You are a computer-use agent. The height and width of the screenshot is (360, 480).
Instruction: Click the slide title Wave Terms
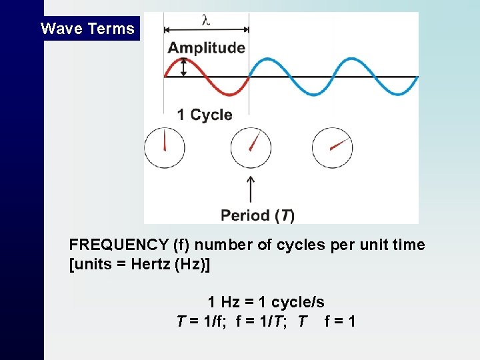point(87,29)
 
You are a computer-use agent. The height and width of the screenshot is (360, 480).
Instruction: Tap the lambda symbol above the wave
point(206,20)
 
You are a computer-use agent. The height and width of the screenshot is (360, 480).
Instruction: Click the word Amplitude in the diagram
point(206,48)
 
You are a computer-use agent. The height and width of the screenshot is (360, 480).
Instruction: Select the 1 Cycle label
point(205,115)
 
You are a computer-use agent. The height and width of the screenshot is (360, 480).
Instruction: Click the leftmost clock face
point(164,148)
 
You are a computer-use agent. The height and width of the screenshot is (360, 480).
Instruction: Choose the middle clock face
point(251,148)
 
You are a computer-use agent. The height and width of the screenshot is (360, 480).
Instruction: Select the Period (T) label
point(257,215)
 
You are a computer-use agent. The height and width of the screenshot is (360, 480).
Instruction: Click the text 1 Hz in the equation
point(226,302)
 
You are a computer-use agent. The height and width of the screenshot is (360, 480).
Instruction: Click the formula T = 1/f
point(202,321)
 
